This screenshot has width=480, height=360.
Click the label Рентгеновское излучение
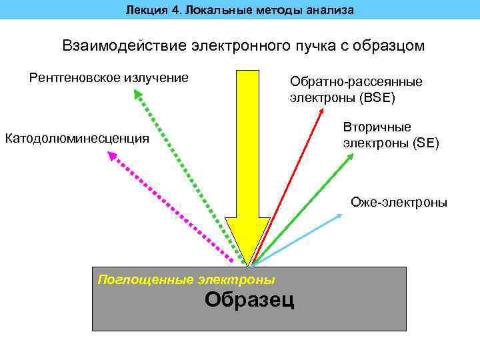109,78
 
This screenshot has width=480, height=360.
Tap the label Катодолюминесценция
77,139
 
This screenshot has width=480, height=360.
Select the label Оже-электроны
399,203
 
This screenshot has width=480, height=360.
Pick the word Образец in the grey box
249,300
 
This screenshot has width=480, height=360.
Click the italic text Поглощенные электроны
186,279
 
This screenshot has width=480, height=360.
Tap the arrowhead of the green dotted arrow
137,95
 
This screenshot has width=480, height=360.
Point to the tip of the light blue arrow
341,215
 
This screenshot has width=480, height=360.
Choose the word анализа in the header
331,9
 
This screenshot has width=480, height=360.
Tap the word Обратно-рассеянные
356,81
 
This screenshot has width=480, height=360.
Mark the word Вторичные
377,127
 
